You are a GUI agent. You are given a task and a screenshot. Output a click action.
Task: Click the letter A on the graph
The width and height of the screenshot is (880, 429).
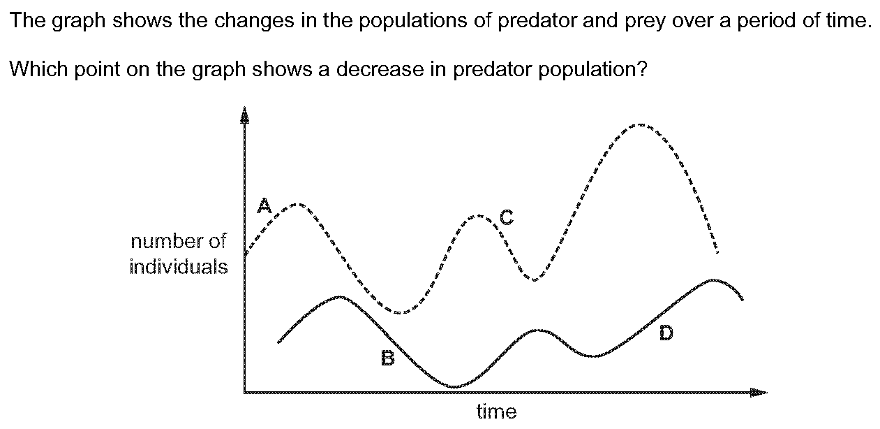(264, 205)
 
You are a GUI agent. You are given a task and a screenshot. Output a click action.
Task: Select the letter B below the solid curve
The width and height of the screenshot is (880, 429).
(388, 358)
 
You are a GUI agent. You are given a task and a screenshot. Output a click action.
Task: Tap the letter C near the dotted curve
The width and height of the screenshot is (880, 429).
(507, 217)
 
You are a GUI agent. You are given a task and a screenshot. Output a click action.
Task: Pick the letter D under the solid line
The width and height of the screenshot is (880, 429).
(666, 333)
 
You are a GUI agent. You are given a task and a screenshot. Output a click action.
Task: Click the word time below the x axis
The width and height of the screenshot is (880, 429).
(497, 412)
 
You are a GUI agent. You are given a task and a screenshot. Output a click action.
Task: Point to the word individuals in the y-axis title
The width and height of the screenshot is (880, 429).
(179, 267)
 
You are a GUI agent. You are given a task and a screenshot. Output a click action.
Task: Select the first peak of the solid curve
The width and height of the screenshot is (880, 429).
(341, 297)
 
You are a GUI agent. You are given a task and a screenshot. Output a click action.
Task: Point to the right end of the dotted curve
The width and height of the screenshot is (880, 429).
(717, 252)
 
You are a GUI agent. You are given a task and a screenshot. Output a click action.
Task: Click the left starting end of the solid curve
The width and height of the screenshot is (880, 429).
(278, 342)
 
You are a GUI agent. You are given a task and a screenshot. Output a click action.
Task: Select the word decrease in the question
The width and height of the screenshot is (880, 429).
(380, 69)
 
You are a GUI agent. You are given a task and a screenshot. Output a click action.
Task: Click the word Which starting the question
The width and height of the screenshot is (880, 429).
(38, 69)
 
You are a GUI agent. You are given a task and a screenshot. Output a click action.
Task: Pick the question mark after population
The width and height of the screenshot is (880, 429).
(641, 69)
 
